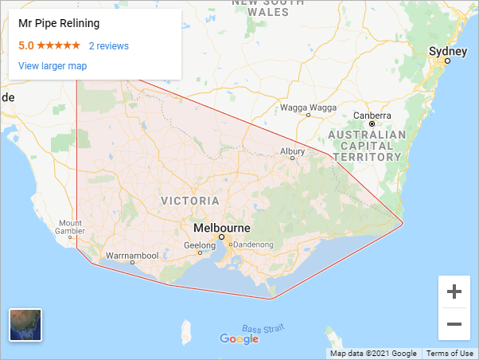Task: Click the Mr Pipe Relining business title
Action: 58,24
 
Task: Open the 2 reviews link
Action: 108,46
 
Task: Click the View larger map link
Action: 53,66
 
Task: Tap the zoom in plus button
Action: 454,292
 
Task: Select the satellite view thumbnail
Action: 25,324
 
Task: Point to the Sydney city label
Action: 443,51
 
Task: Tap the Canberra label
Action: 372,115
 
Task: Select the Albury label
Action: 293,151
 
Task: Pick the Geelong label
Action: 200,245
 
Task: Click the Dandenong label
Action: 252,245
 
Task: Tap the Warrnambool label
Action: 132,256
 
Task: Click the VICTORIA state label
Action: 190,200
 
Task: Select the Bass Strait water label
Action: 263,329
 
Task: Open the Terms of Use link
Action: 450,354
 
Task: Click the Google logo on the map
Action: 240,339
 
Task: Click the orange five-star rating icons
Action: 58,46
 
